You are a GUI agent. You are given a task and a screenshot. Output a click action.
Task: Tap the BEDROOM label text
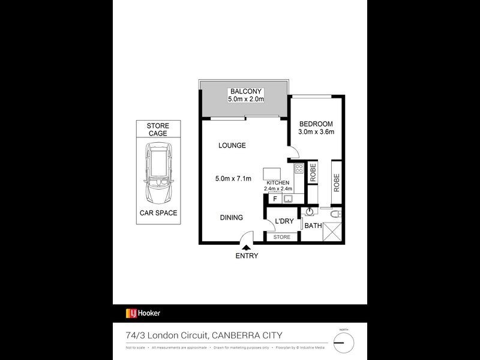point(316,124)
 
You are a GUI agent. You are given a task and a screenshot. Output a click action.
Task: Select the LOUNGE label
point(232,145)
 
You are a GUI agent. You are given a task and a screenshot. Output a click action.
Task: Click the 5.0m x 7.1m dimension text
point(233,178)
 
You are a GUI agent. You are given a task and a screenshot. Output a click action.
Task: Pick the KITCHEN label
point(278,182)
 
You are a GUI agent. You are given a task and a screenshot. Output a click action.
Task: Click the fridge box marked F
point(275,198)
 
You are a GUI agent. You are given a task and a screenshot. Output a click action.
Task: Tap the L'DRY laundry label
point(284,222)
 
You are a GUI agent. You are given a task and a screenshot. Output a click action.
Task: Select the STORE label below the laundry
point(281,237)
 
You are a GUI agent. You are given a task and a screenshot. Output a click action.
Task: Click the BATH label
point(313,226)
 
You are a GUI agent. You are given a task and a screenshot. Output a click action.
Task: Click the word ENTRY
point(247,256)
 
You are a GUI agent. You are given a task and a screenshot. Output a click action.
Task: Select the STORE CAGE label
point(158,129)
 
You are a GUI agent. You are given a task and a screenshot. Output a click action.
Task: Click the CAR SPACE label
point(158,213)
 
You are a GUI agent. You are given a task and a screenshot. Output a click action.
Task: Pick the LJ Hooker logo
point(143,313)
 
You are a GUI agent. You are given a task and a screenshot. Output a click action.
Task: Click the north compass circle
point(344,343)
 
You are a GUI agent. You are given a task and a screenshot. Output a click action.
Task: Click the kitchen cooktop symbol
point(299,169)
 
